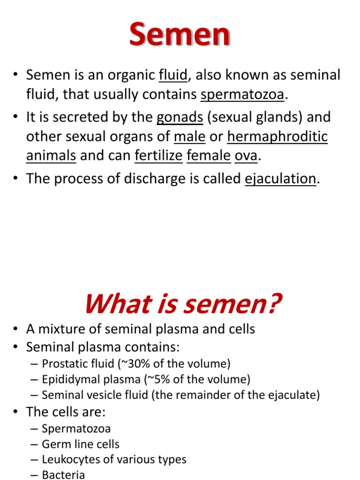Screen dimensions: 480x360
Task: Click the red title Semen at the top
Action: click(x=180, y=35)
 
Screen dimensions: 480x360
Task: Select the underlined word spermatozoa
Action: click(x=242, y=95)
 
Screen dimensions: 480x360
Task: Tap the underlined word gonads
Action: click(x=180, y=117)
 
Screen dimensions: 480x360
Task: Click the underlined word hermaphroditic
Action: click(x=277, y=137)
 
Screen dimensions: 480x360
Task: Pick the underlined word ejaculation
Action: click(x=280, y=179)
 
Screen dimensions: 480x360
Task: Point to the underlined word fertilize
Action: click(x=158, y=156)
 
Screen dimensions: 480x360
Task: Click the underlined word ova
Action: click(x=246, y=156)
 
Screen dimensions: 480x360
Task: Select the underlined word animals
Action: click(x=51, y=156)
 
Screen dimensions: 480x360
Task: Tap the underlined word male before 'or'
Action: click(x=190, y=137)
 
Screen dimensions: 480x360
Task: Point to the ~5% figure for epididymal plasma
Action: click(x=151, y=379)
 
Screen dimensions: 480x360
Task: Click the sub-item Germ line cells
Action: click(x=81, y=444)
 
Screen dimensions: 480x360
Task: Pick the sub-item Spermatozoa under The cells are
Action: click(x=76, y=428)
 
